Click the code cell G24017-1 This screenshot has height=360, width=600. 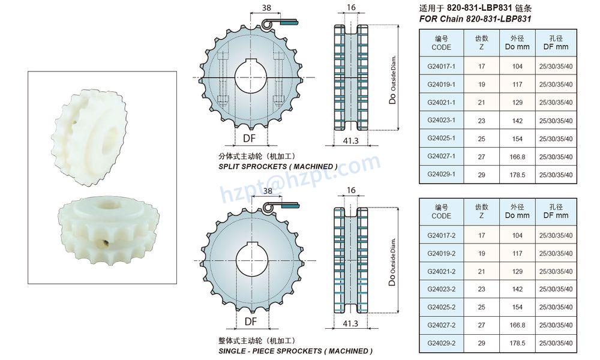pos(441,66)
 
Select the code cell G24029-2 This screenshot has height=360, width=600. pos(441,343)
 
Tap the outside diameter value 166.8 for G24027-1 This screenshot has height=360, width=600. pos(517,157)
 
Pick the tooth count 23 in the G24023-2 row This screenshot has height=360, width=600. pos(481,289)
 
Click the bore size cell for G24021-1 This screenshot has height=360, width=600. pos(556,103)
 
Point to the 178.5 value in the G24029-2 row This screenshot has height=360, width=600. pos(517,343)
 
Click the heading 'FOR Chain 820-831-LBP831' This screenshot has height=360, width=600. pos(475,19)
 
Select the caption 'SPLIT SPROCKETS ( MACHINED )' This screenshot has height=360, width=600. pos(278,167)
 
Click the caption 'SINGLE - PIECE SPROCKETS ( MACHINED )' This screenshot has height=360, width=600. pos(295,351)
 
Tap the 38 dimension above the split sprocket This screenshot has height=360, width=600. pos(267,7)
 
